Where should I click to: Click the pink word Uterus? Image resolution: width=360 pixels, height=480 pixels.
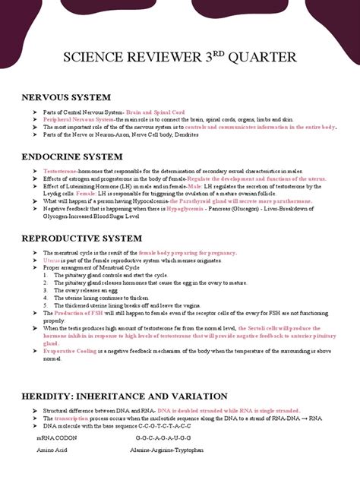pyautogui.click(x=52, y=260)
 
